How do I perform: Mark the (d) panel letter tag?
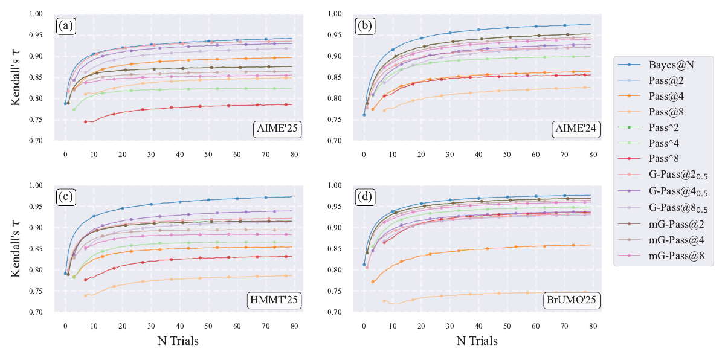(x=364, y=197)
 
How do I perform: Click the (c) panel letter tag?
(x=66, y=197)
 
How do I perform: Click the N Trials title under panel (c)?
(x=178, y=341)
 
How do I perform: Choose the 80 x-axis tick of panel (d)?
(x=593, y=326)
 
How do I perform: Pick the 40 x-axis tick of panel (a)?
(x=180, y=154)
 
